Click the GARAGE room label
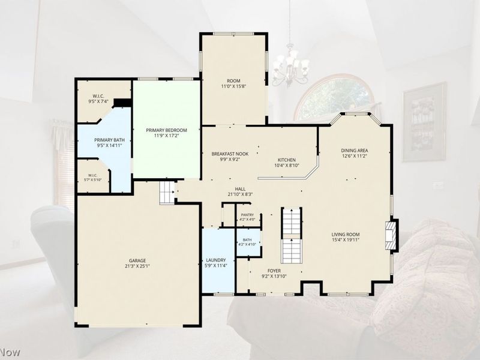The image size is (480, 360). tap(137, 260)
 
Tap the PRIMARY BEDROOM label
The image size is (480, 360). tap(166, 130)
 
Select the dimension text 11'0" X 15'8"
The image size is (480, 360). tap(233, 86)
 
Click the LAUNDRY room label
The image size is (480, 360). tap(216, 260)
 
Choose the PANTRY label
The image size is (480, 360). tap(247, 215)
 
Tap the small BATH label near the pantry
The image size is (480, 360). tap(247, 240)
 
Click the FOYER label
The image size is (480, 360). tap(274, 271)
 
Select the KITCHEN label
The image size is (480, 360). tap(287, 160)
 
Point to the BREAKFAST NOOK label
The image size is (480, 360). tap(230, 154)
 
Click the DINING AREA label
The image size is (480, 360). tap(355, 151)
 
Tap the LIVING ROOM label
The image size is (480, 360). tap(346, 235)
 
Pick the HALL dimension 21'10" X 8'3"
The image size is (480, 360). tap(240, 194)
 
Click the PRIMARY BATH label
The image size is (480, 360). tap(109, 140)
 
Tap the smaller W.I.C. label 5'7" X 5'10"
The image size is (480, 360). tap(92, 178)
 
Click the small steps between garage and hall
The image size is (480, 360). tap(167, 193)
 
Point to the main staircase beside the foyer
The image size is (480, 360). tap(292, 235)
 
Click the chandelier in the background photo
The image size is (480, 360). tap(290, 66)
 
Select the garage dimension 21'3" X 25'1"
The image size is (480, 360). tap(137, 266)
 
